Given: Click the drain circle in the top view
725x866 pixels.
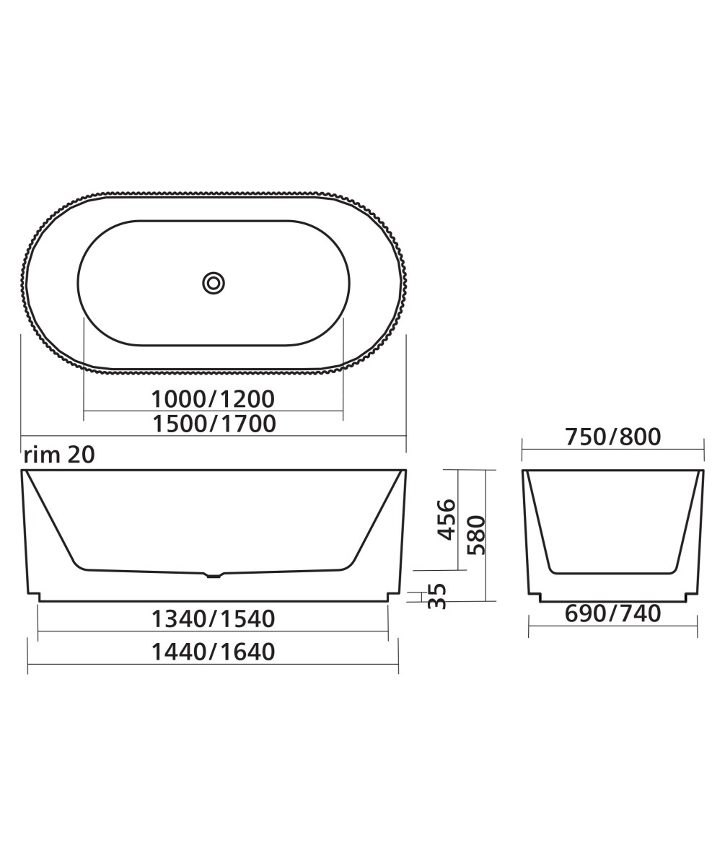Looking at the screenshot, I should click(x=214, y=283).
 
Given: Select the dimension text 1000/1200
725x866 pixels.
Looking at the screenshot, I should click(x=213, y=398).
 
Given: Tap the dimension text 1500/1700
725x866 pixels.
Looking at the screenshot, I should click(x=214, y=424).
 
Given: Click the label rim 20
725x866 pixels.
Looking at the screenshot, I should click(x=59, y=455).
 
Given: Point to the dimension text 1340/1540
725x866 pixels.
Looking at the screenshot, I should click(x=213, y=618).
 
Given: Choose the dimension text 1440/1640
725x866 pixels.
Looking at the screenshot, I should click(x=213, y=652).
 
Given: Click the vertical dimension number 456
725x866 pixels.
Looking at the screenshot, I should click(x=447, y=519).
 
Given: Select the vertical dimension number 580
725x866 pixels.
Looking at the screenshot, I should click(x=476, y=535).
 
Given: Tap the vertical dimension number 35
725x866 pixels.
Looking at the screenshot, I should click(x=437, y=596).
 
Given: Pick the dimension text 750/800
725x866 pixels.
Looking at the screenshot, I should click(x=612, y=437).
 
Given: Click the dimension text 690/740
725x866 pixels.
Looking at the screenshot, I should click(x=612, y=613).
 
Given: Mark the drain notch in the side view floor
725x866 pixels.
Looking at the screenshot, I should click(x=214, y=576).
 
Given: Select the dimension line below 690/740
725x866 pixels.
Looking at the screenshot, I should click(x=612, y=626).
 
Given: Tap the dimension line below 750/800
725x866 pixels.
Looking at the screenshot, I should click(x=612, y=450).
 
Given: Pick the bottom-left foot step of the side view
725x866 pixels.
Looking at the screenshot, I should click(x=34, y=596).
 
